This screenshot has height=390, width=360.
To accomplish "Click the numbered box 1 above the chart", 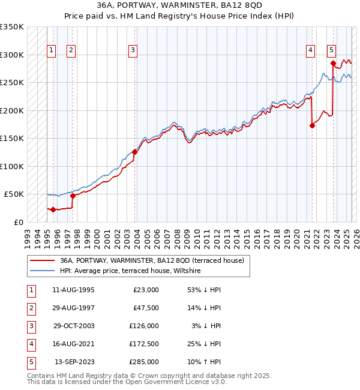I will click(x=51, y=50).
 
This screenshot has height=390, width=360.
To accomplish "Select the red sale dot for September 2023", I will click(x=333, y=62).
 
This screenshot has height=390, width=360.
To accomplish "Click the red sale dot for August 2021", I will click(x=312, y=125).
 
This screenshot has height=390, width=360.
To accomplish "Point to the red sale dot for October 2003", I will click(x=134, y=152).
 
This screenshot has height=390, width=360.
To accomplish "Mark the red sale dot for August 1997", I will click(x=73, y=196).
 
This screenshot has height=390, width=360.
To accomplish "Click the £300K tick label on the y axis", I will click(x=12, y=55).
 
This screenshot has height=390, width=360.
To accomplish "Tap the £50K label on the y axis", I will click(x=14, y=194).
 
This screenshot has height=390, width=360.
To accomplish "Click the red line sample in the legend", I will click(x=42, y=261).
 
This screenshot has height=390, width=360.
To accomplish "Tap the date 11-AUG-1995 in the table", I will click(x=73, y=290).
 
